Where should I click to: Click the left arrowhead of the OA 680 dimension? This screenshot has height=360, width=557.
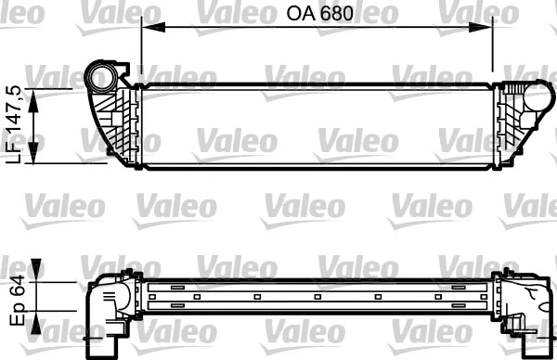click(145, 30)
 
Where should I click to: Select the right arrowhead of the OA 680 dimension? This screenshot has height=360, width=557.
click(489, 30)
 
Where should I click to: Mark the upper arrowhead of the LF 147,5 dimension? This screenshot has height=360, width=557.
click(35, 95)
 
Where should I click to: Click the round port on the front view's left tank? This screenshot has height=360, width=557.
click(98, 74)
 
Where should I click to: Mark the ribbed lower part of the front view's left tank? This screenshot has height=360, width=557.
click(119, 125)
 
